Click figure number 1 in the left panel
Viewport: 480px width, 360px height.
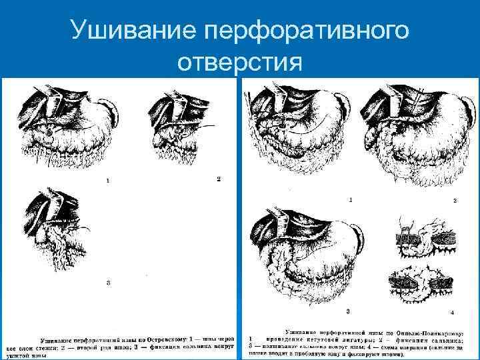click(x=107, y=181)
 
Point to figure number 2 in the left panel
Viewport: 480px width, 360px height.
click(x=218, y=179)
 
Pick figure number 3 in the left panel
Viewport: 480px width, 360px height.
click(x=108, y=283)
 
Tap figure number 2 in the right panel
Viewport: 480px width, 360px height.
click(x=455, y=200)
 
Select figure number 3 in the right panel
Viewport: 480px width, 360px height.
click(x=348, y=311)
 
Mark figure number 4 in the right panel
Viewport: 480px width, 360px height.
click(x=453, y=312)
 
